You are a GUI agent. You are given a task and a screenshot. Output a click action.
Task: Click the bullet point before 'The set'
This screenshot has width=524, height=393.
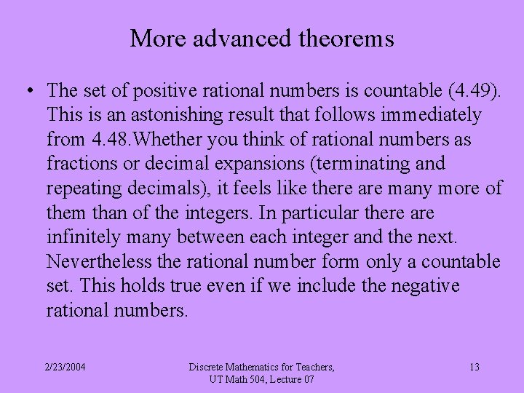click(28, 91)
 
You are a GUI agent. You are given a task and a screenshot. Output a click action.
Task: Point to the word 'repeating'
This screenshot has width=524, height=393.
click(84, 188)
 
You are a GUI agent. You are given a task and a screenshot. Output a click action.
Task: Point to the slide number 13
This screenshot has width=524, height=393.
click(474, 367)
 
